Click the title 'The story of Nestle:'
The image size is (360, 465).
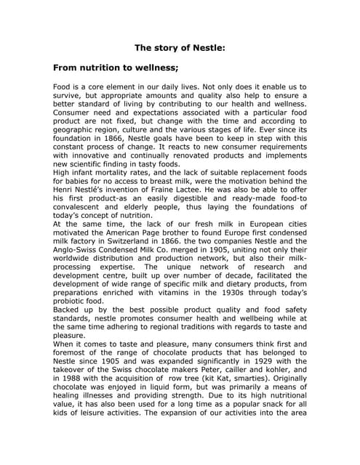click(x=180, y=49)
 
